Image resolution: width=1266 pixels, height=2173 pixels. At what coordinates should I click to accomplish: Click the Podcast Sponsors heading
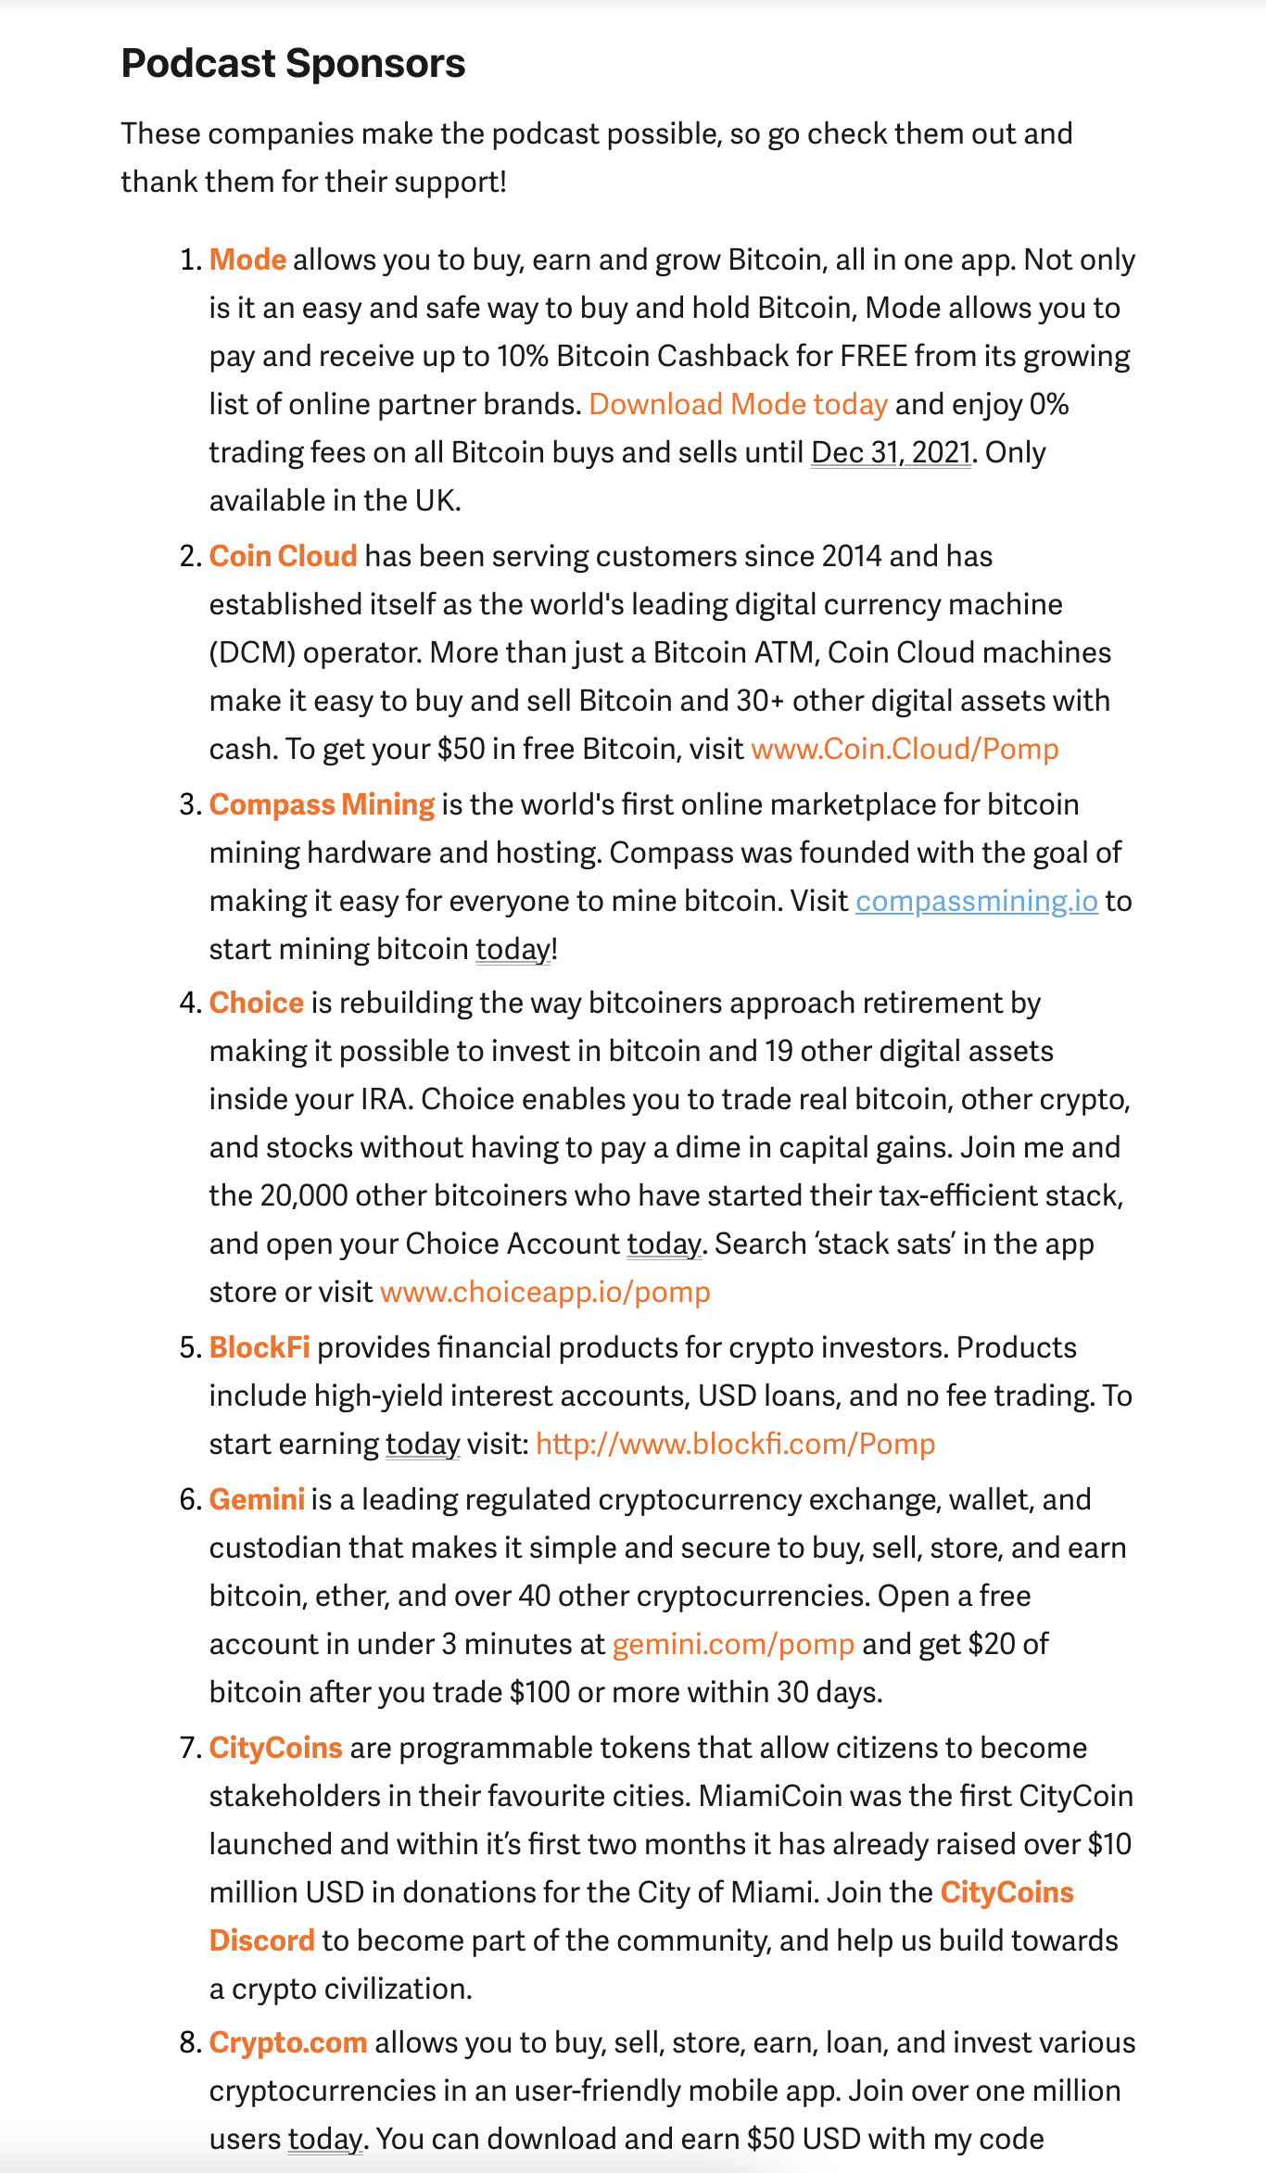(293, 64)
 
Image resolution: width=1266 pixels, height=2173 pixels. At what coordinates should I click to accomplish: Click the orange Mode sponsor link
(247, 259)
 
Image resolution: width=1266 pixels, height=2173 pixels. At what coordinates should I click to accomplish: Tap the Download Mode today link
(738, 404)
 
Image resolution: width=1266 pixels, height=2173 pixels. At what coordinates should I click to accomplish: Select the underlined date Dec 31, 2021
(891, 452)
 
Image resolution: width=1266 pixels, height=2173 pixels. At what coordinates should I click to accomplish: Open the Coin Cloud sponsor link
(283, 556)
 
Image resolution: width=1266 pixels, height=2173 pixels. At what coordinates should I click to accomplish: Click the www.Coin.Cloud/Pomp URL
(905, 749)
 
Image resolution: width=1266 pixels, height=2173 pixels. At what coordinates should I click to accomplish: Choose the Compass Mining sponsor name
(322, 804)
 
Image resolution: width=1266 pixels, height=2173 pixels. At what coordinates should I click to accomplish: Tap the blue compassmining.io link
(976, 901)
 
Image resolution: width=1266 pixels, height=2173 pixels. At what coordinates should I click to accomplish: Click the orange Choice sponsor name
(256, 1003)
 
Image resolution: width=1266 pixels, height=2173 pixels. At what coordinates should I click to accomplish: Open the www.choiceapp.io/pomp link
(545, 1292)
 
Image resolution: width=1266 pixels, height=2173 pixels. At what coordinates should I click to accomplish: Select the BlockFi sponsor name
(260, 1347)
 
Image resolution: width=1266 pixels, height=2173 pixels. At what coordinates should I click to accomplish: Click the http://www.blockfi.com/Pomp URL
(735, 1444)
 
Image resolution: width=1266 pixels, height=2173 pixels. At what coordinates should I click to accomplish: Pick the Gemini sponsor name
(257, 1499)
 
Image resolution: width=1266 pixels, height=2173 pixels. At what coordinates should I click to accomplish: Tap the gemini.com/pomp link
(733, 1644)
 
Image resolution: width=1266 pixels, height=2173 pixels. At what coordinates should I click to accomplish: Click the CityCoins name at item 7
(275, 1748)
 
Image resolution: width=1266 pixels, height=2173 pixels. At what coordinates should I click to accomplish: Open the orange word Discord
(261, 1940)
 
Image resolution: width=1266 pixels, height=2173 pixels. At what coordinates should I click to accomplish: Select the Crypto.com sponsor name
(287, 2042)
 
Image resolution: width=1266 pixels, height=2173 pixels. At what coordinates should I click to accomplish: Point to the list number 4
(189, 1003)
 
